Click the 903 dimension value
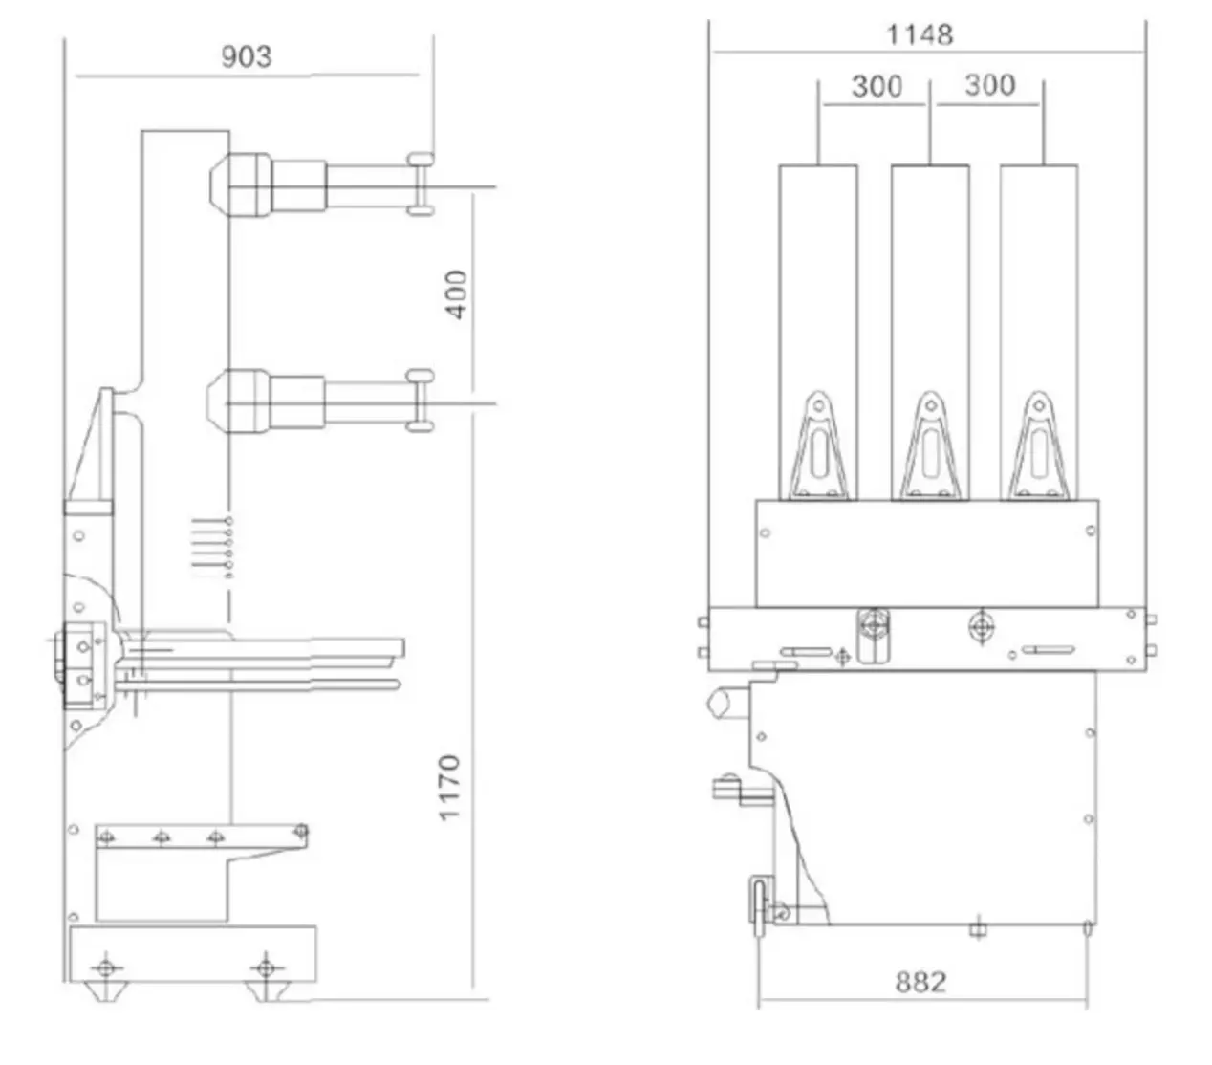[247, 56]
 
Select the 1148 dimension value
[920, 35]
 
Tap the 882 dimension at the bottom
[920, 982]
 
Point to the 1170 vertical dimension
[449, 787]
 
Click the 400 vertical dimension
[457, 294]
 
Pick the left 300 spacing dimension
[877, 86]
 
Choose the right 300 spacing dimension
[988, 85]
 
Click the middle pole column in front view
[929, 287]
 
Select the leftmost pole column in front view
[817, 287]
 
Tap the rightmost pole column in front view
[1039, 287]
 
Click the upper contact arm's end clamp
[420, 184]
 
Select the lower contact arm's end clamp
[420, 400]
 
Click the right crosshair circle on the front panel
[981, 626]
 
